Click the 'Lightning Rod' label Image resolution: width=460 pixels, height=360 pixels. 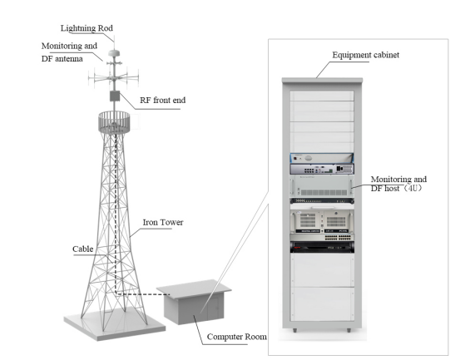[87, 28]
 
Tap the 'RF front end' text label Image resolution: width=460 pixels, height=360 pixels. [162, 101]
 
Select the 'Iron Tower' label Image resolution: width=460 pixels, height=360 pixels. [163, 222]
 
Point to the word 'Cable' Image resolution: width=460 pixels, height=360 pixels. [82, 249]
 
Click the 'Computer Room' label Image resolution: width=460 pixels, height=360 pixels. [237, 337]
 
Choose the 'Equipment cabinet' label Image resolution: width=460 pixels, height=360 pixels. [365, 55]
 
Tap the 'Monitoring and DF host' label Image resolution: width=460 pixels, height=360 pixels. [398, 184]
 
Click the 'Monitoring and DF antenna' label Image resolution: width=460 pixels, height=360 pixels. [69, 52]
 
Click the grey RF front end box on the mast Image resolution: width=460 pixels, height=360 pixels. [115, 96]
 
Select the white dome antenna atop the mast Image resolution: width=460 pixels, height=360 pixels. [114, 53]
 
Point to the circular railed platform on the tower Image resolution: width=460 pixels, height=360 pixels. [114, 122]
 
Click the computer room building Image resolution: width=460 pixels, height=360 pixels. [194, 302]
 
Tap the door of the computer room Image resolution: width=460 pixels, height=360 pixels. [214, 308]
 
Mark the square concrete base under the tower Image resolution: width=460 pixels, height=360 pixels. [115, 324]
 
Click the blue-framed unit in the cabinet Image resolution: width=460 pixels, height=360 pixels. [322, 158]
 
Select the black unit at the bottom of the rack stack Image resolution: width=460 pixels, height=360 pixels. [322, 247]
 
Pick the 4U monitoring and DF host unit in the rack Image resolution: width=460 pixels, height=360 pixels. [322, 185]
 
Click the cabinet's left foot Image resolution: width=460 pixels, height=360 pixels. [294, 330]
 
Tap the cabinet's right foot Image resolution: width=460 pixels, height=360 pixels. [349, 330]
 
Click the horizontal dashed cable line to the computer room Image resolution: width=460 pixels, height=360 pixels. [143, 293]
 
